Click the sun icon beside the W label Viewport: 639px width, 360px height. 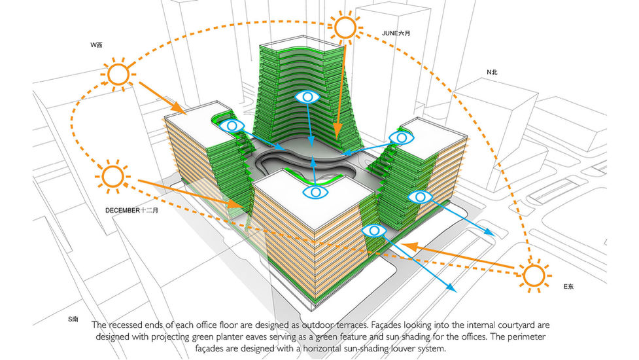[118, 73]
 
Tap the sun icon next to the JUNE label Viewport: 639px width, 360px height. [345, 28]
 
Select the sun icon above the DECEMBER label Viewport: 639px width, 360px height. [112, 176]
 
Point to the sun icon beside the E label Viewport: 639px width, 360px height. [533, 276]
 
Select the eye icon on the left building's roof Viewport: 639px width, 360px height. [233, 125]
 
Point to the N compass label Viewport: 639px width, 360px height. [492, 72]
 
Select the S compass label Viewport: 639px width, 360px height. [73, 319]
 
